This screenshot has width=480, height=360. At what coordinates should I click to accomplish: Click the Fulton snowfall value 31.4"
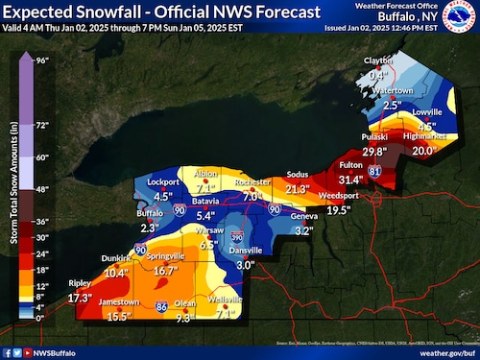350,180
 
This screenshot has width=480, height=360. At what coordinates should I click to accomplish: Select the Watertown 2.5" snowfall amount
392,105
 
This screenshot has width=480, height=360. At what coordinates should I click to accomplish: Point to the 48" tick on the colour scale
43,189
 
